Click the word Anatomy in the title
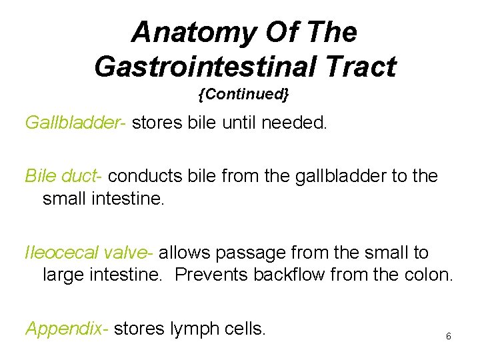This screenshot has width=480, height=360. point(181,31)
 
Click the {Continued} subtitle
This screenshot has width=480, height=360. point(243,95)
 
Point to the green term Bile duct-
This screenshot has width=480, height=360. point(63,176)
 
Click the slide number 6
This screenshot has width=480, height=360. point(448,337)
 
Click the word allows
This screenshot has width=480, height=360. point(181,253)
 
